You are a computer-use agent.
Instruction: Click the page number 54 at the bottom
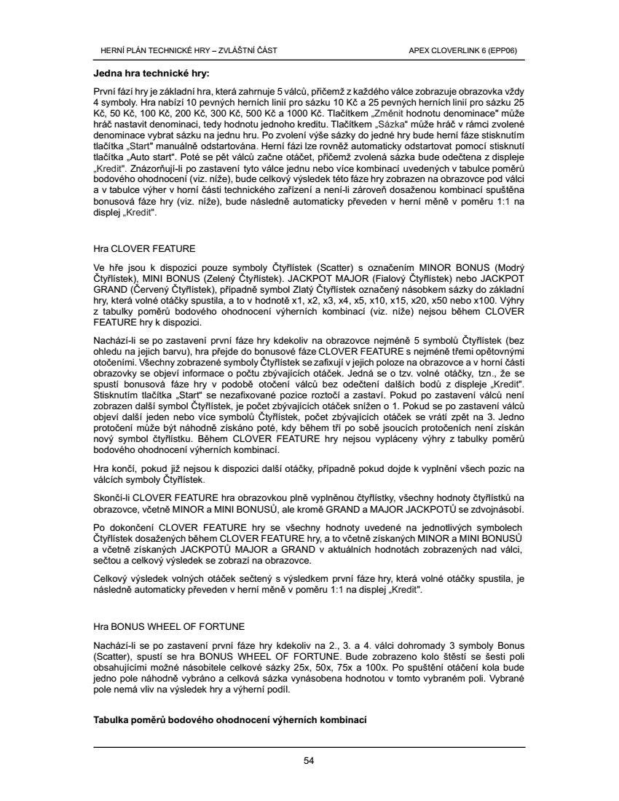309,761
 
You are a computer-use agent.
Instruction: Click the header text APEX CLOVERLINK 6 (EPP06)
463,50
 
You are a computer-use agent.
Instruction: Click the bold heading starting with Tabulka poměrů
229,720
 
